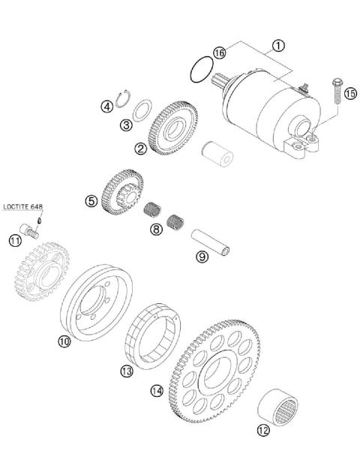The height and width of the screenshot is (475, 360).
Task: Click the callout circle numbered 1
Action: pos(278,45)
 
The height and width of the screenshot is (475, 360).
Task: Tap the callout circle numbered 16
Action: pos(219,53)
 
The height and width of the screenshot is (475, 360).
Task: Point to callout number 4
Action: pos(107,106)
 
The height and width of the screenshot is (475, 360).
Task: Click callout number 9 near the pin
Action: pos(202,257)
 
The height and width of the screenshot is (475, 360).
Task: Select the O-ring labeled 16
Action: pos(199,71)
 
